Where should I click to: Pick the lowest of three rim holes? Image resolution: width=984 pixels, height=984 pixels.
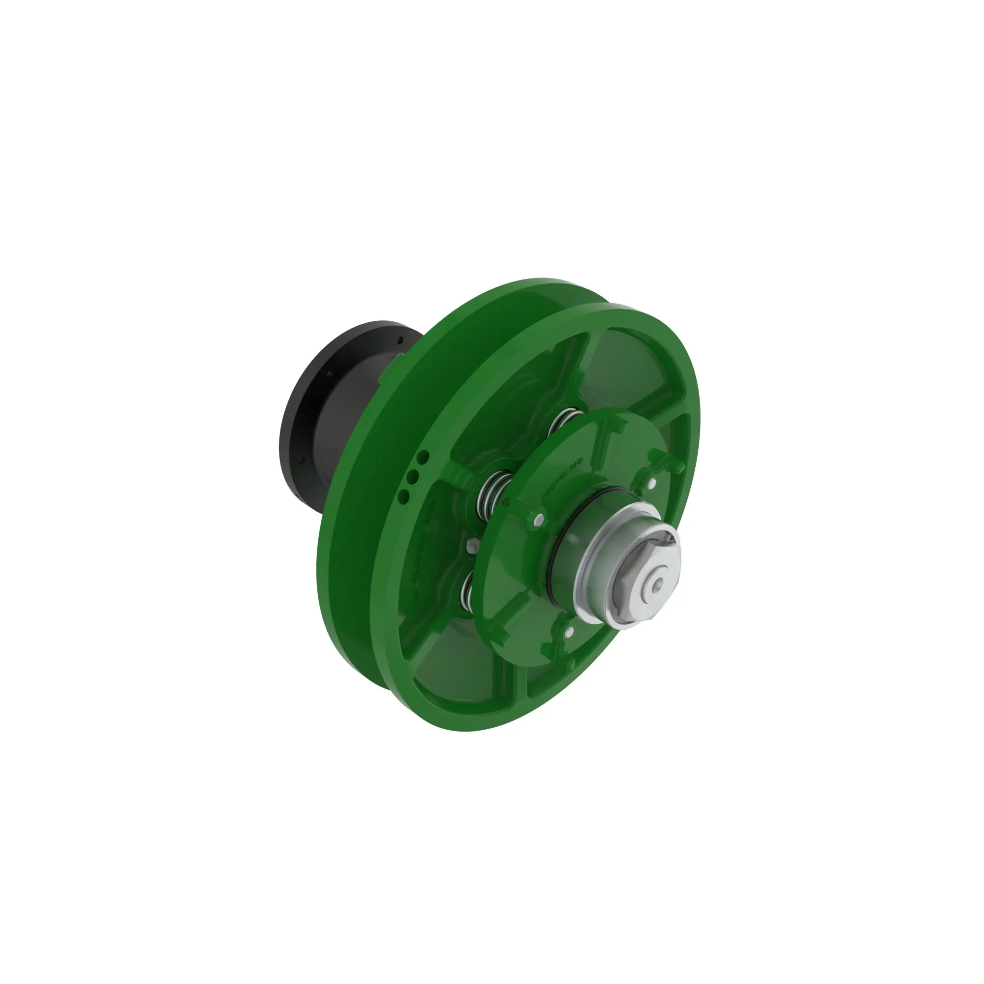(x=405, y=495)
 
